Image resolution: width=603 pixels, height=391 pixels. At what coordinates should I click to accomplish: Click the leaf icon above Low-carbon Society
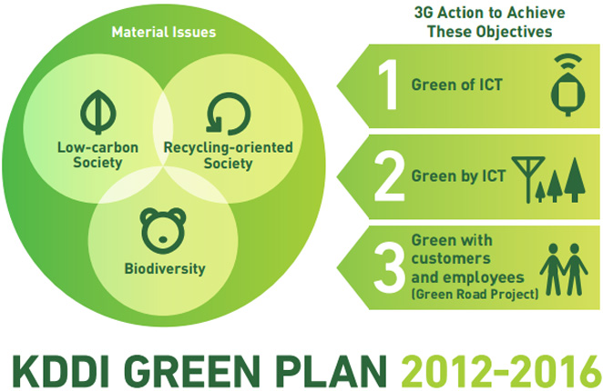[x=98, y=112]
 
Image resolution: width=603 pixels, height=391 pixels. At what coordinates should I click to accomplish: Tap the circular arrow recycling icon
[x=229, y=114]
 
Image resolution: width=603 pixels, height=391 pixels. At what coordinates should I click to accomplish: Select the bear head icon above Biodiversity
[x=163, y=230]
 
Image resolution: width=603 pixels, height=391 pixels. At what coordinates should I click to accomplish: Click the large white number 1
[x=388, y=85]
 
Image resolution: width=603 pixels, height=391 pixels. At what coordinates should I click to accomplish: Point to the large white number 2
[x=389, y=176]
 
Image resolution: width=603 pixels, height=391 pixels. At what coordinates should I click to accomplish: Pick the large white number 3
[x=389, y=267]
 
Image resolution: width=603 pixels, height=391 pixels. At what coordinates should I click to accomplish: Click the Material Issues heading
[x=164, y=32]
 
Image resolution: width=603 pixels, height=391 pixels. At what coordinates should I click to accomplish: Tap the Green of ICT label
[x=457, y=85]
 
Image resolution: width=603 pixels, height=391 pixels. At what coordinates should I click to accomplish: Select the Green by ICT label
[x=458, y=176]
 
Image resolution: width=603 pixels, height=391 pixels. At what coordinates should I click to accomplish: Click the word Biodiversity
[x=165, y=268]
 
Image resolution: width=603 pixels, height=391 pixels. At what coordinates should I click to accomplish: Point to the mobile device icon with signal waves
[x=568, y=85]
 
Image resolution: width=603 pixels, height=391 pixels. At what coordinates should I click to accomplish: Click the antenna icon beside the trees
[x=528, y=179]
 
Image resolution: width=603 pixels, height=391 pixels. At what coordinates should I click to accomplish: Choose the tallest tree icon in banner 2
[x=575, y=180]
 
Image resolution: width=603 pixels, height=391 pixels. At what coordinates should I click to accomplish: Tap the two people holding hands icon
[x=564, y=269]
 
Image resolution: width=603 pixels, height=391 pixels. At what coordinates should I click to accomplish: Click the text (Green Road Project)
[x=475, y=295]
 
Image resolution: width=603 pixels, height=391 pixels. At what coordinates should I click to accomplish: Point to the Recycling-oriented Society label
[x=229, y=155]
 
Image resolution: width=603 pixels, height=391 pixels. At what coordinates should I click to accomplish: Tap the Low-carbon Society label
[x=97, y=155]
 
